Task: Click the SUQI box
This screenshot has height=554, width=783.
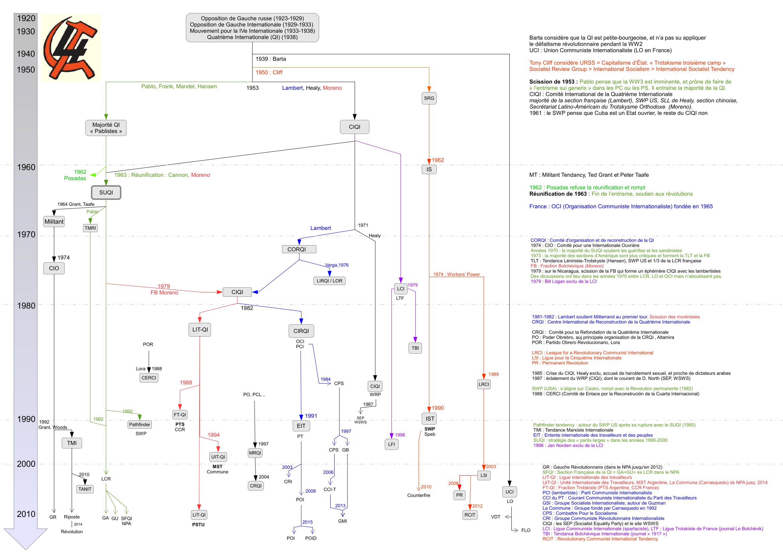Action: (106, 192)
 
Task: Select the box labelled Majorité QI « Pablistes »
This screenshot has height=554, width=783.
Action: (106, 128)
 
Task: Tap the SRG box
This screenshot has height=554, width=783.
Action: (429, 98)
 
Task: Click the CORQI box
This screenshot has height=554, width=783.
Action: (299, 250)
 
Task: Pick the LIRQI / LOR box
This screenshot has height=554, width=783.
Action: (329, 281)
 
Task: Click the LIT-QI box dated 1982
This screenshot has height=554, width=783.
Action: (200, 330)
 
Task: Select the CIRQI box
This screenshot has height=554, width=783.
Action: (301, 331)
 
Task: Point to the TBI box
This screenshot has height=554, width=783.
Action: (415, 348)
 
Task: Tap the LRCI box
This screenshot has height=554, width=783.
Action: (484, 384)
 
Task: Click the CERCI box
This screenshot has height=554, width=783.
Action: (149, 377)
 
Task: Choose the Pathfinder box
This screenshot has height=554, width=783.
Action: (139, 424)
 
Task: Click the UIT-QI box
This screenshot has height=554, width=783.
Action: (218, 457)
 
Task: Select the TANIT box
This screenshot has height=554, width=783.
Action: (85, 489)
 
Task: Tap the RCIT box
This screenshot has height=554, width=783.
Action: (470, 515)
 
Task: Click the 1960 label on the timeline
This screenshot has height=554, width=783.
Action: (26, 167)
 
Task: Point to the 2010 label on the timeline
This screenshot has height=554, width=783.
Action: (26, 514)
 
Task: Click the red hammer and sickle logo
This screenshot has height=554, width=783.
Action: (71, 48)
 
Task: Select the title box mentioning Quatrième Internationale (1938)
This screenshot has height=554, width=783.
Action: (253, 27)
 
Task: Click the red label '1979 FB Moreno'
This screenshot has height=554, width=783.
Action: (164, 289)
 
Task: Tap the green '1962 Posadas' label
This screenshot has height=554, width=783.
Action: (75, 175)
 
